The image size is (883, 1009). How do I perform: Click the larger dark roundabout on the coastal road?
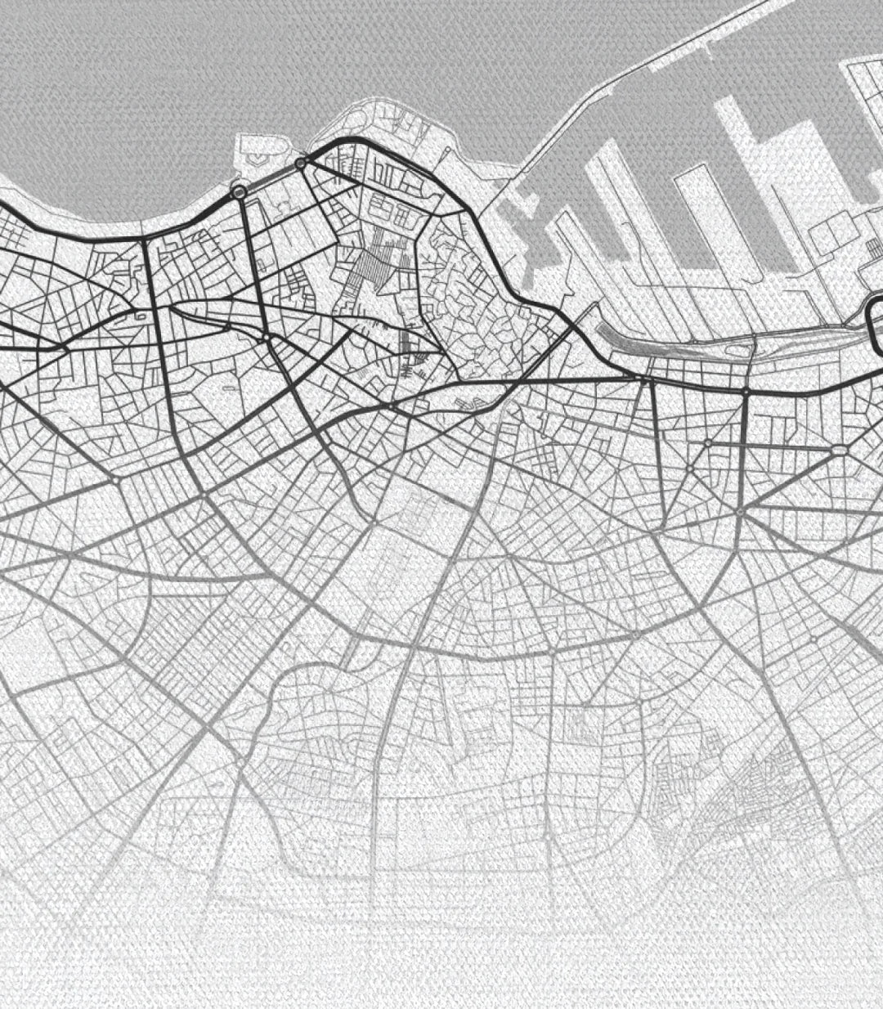239,191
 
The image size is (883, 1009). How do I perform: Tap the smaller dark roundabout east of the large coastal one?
301,164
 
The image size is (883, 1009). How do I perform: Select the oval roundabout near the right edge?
840,450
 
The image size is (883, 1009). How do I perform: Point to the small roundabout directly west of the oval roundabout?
708,442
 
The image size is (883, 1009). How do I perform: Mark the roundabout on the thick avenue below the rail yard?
746,392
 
